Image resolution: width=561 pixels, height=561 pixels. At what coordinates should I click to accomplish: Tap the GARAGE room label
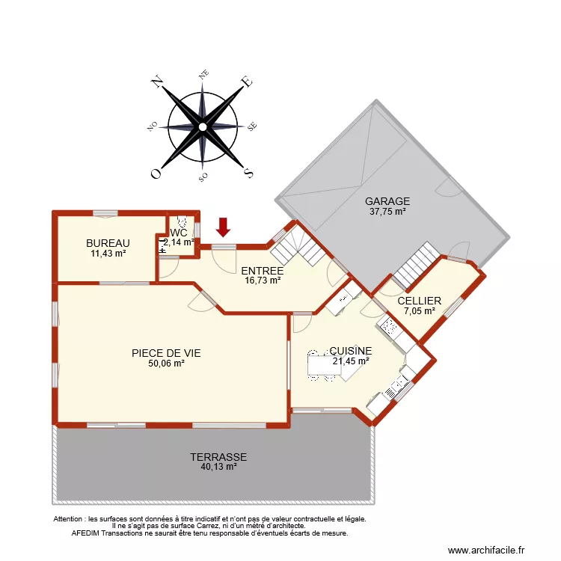387,201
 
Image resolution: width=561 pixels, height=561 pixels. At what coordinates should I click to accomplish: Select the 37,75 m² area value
387,212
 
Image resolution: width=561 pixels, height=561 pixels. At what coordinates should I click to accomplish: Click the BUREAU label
108,243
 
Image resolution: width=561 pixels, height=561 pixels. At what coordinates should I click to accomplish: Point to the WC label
180,233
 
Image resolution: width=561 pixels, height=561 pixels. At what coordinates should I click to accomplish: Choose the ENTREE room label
262,271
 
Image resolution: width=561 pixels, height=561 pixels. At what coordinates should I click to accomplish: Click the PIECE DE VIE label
165,353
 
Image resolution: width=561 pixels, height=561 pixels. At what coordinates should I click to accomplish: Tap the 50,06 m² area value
166,364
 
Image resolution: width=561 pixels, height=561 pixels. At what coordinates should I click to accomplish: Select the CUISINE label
351,350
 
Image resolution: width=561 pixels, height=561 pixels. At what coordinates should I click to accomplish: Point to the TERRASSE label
218,456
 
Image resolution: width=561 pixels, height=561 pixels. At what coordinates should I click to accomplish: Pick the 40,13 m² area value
218,467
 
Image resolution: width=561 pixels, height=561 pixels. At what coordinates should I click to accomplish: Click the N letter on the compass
158,82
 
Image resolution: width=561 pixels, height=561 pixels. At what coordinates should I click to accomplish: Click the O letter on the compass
156,174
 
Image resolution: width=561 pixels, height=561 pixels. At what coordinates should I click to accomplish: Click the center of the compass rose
202,127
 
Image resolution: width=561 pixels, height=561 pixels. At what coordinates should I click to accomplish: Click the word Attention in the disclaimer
70,518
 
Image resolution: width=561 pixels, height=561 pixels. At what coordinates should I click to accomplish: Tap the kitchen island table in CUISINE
323,364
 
